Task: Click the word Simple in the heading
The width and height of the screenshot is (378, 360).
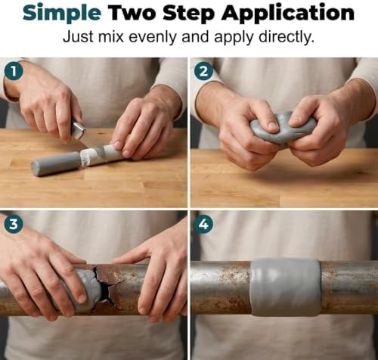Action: (x=62, y=14)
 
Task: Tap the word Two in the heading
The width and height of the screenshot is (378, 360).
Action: (x=132, y=12)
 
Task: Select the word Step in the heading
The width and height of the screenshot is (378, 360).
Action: (x=189, y=14)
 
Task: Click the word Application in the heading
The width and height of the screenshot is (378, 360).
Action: (x=288, y=14)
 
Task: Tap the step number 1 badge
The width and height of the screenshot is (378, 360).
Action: (x=14, y=72)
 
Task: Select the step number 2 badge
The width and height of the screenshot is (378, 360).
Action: (x=203, y=72)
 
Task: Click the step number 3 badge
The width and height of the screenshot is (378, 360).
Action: (x=14, y=224)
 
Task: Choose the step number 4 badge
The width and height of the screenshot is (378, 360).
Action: (x=203, y=224)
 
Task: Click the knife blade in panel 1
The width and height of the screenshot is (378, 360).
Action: (x=79, y=130)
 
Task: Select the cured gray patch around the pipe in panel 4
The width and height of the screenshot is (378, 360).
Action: (x=286, y=287)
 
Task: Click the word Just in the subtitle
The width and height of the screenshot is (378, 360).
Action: (x=79, y=37)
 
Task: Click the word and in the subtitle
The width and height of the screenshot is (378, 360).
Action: (x=196, y=37)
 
